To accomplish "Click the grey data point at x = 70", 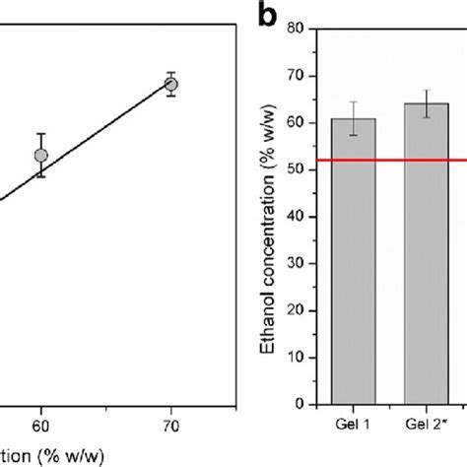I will coord(171,85).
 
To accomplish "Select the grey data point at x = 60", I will coord(40,155).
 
